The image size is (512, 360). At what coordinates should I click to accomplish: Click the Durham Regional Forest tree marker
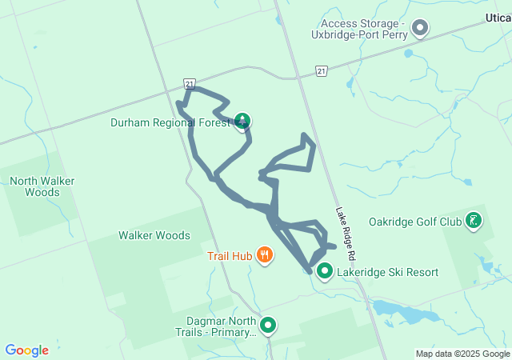click(x=242, y=122)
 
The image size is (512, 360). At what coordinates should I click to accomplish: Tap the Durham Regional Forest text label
click(x=170, y=122)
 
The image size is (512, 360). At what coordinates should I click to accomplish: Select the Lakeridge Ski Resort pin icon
click(x=325, y=272)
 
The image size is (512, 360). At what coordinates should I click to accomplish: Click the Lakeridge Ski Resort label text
click(x=388, y=272)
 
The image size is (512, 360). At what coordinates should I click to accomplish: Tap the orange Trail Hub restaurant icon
click(x=265, y=256)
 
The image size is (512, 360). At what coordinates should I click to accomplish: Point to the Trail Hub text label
click(x=230, y=256)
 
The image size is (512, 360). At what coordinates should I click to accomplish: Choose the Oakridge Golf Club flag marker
click(x=474, y=221)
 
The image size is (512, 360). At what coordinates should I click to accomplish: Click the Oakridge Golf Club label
click(x=415, y=221)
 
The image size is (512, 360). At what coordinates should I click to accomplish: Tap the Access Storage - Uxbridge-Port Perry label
click(x=363, y=30)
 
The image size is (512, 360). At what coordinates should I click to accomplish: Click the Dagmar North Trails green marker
click(x=268, y=326)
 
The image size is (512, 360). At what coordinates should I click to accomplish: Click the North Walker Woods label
click(x=42, y=186)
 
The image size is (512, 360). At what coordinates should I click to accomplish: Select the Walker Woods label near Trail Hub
click(x=154, y=235)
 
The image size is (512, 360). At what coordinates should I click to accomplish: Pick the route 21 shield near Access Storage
click(x=321, y=71)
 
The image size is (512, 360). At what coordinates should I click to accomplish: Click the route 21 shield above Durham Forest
click(x=189, y=82)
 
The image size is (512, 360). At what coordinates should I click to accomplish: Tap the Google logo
click(x=26, y=350)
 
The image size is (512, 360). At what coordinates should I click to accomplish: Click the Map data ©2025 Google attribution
click(x=462, y=354)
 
